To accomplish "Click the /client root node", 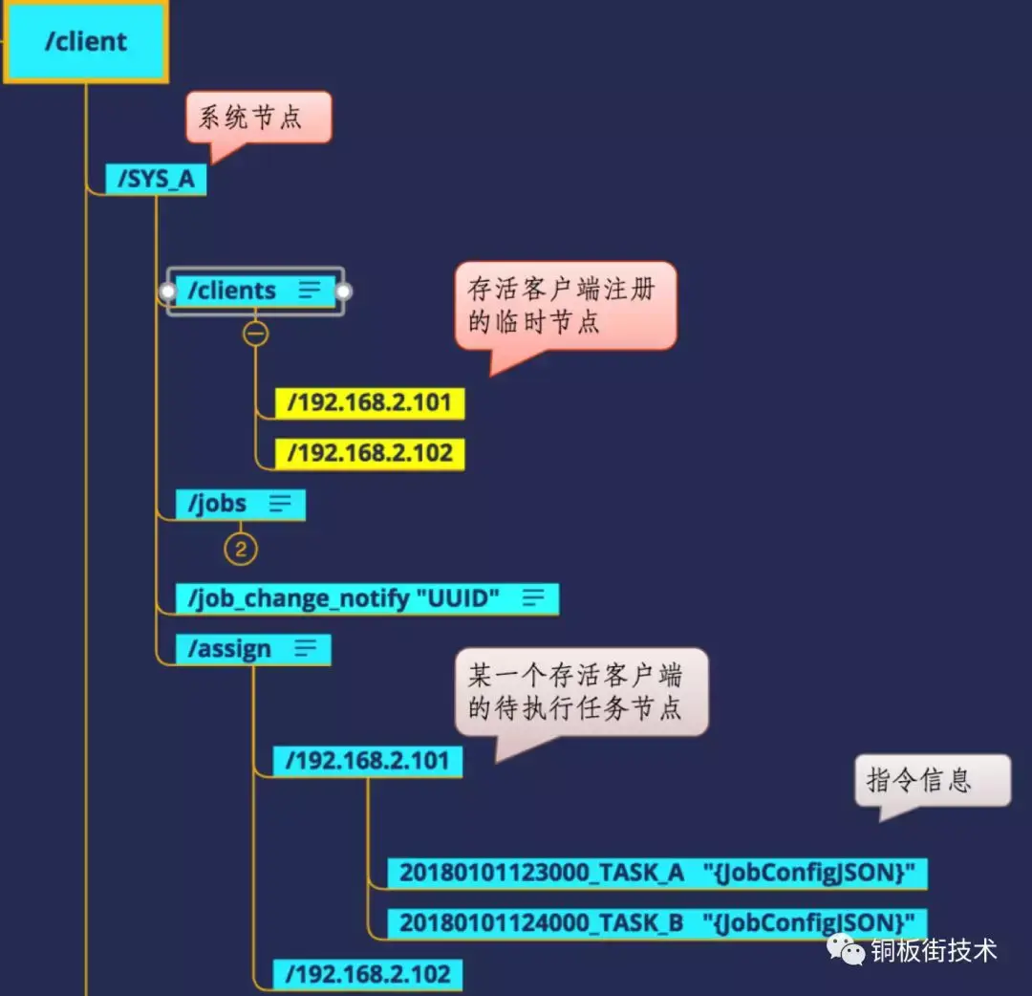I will click(x=85, y=42).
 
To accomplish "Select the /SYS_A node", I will click(x=155, y=180).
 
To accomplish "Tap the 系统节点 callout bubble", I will click(x=258, y=118).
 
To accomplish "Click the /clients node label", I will click(x=232, y=291).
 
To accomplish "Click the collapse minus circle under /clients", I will click(x=255, y=334).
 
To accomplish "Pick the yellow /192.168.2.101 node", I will click(x=369, y=402).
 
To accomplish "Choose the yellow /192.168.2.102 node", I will click(x=369, y=453).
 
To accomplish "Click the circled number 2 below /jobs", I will click(x=241, y=549).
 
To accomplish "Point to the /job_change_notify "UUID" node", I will click(x=344, y=598).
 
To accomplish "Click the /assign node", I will click(x=230, y=649).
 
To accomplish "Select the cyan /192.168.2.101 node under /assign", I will click(x=367, y=761).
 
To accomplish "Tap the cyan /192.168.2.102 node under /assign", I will click(x=367, y=974).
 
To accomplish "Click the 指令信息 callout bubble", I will click(x=931, y=781).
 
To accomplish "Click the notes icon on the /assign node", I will click(x=305, y=649).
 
